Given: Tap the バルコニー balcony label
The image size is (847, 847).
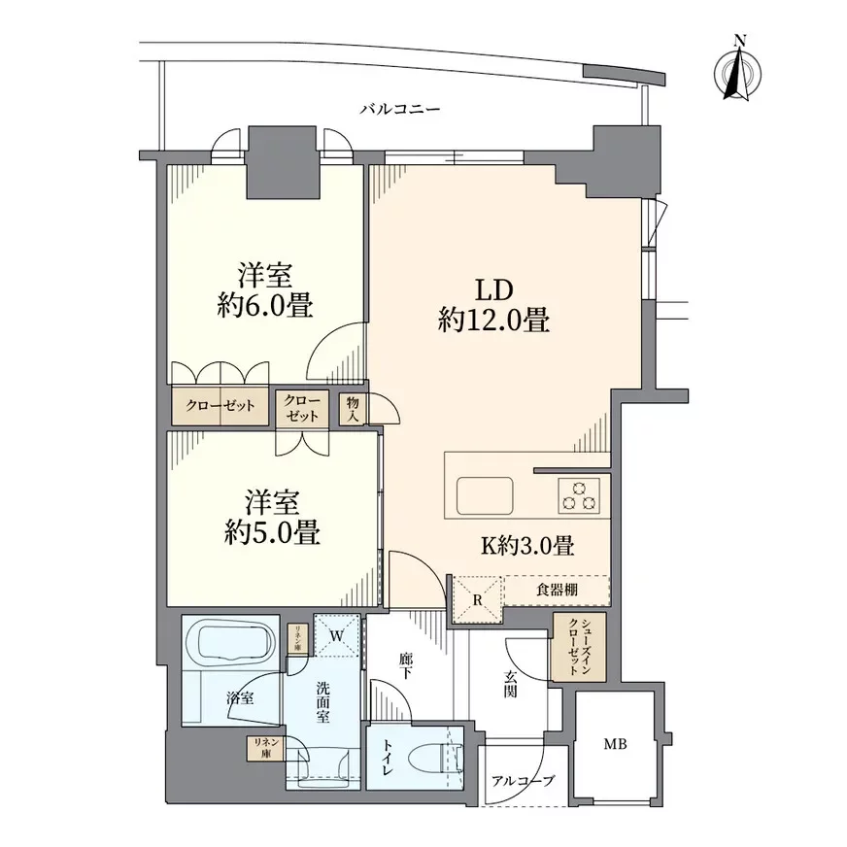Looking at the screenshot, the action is click(400, 110).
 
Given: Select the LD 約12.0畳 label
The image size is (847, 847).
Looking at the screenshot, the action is click(493, 305).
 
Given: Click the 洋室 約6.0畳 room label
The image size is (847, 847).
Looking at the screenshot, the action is click(265, 290).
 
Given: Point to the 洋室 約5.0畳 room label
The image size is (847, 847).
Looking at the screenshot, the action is click(272, 518).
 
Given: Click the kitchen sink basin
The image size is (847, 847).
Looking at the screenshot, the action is click(485, 496).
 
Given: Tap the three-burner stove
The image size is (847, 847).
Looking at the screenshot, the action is click(579, 496).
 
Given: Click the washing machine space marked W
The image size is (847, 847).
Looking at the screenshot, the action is click(336, 635).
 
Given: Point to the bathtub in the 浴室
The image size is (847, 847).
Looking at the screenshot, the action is click(230, 642).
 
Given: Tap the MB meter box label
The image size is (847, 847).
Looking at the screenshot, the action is click(615, 744).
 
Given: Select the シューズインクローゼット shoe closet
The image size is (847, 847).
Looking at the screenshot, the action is click(579, 647).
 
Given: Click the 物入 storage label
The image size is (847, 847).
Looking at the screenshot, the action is click(353, 409).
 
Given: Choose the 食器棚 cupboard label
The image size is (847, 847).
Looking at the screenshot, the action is click(557, 590).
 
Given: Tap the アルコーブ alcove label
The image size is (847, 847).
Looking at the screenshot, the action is click(523, 781).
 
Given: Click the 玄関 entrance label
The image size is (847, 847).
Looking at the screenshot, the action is click(511, 683).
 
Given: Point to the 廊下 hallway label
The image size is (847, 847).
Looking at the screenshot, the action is click(406, 666).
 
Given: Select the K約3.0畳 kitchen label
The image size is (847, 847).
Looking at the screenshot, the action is click(527, 546).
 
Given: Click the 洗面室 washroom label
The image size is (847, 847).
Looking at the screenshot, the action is click(323, 702).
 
